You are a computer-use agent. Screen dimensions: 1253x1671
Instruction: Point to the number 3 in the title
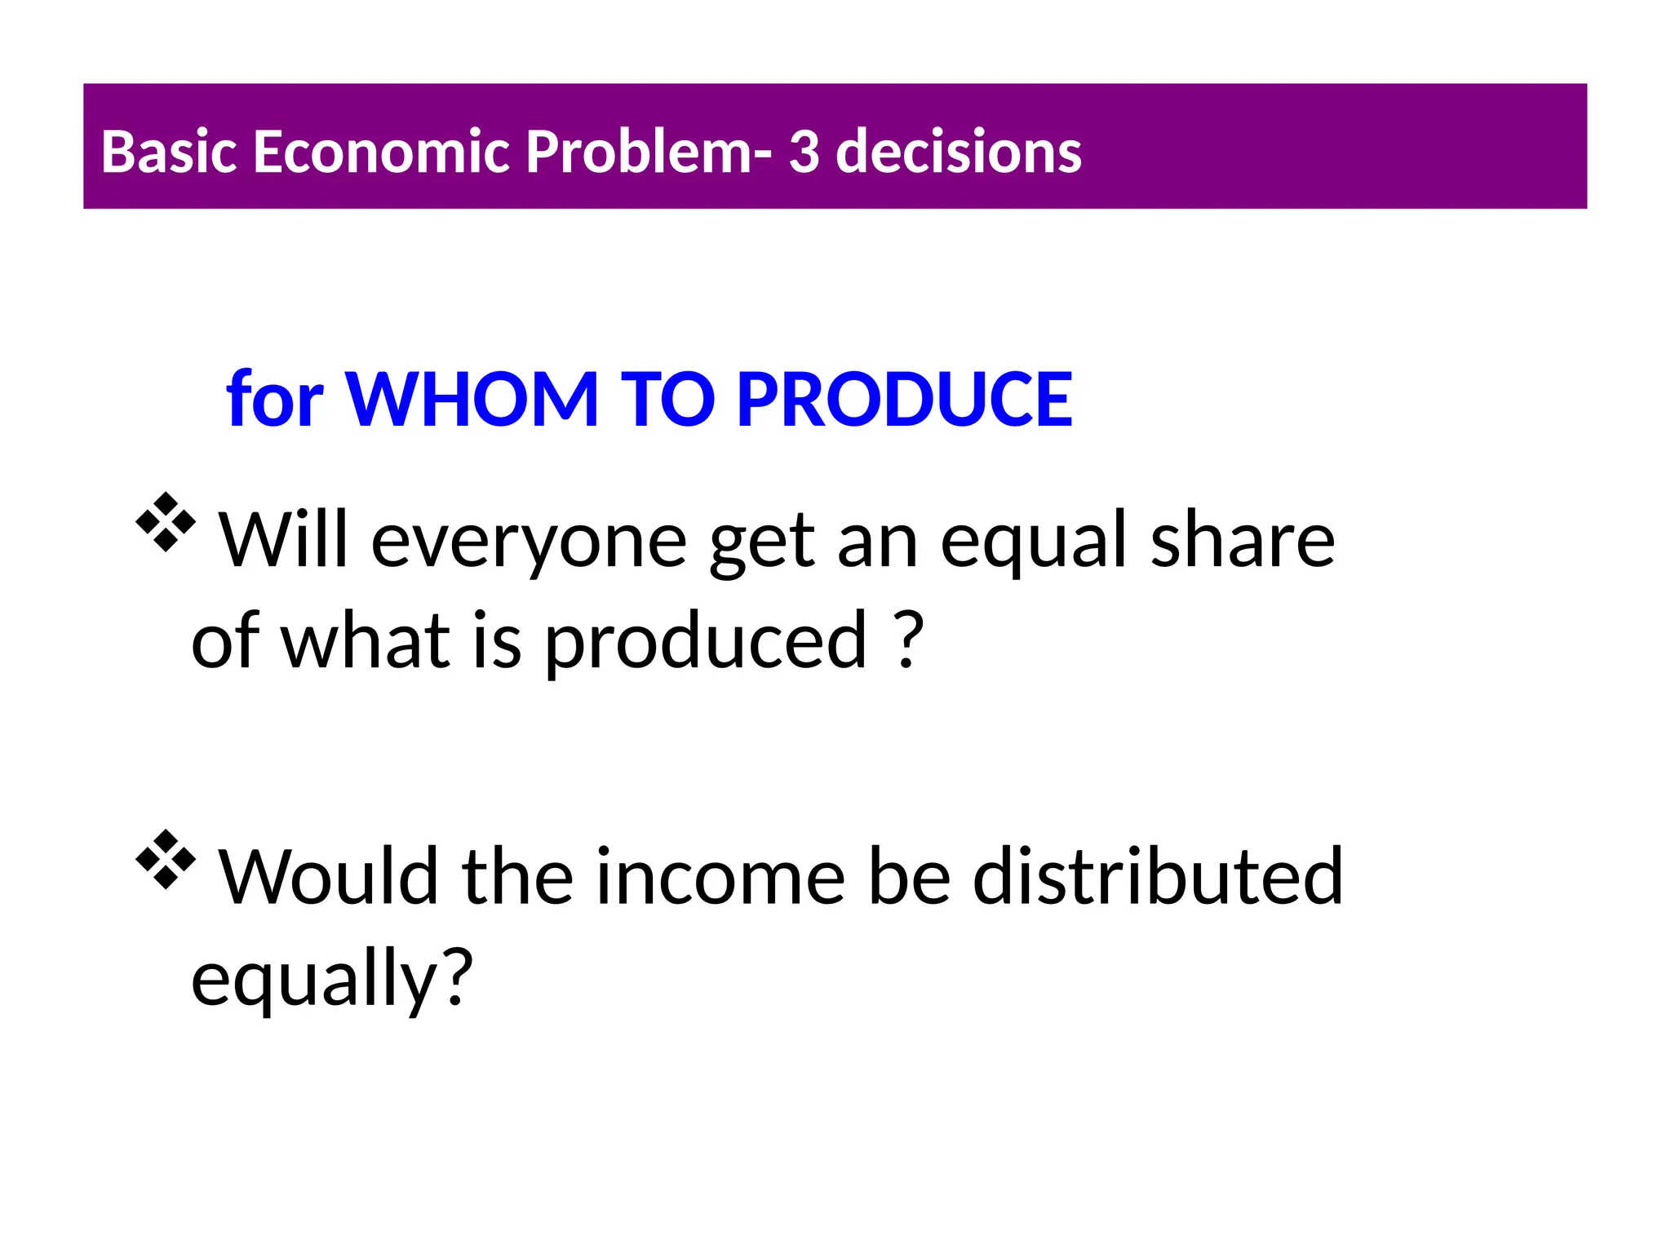point(804,152)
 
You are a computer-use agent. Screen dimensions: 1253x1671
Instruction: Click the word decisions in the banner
point(959,152)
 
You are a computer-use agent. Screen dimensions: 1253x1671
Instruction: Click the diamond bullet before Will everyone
point(166,522)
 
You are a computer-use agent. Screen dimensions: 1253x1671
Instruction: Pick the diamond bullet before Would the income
point(166,859)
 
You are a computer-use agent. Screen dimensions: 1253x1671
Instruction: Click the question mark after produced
point(908,640)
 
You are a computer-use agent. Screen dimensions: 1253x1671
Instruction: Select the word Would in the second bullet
point(328,877)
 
